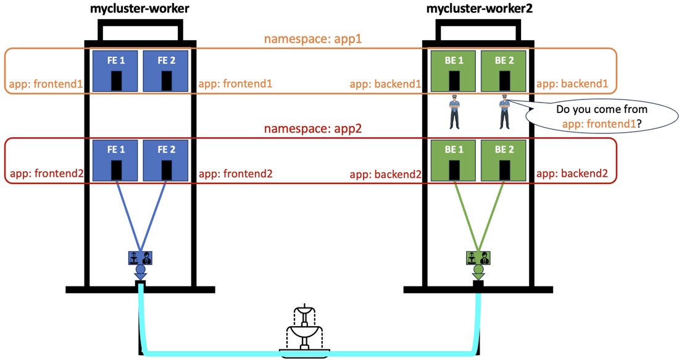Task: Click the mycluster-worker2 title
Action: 480,8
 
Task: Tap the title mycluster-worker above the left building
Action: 140,8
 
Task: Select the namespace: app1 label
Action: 313,38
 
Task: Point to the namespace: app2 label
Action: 313,128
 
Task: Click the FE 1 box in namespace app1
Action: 115,71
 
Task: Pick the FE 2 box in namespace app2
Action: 166,161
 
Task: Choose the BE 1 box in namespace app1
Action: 453,71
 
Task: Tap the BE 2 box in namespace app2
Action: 504,161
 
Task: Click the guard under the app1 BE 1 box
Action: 454,112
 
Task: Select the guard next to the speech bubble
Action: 504,112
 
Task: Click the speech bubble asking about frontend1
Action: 602,116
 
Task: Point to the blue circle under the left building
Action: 140,269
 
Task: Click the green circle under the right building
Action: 478,269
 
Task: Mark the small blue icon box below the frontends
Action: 140,257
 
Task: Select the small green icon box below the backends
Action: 478,257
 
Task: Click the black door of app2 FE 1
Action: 116,170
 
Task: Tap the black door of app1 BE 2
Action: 504,81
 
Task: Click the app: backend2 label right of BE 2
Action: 572,174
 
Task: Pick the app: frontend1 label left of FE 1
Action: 46,83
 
